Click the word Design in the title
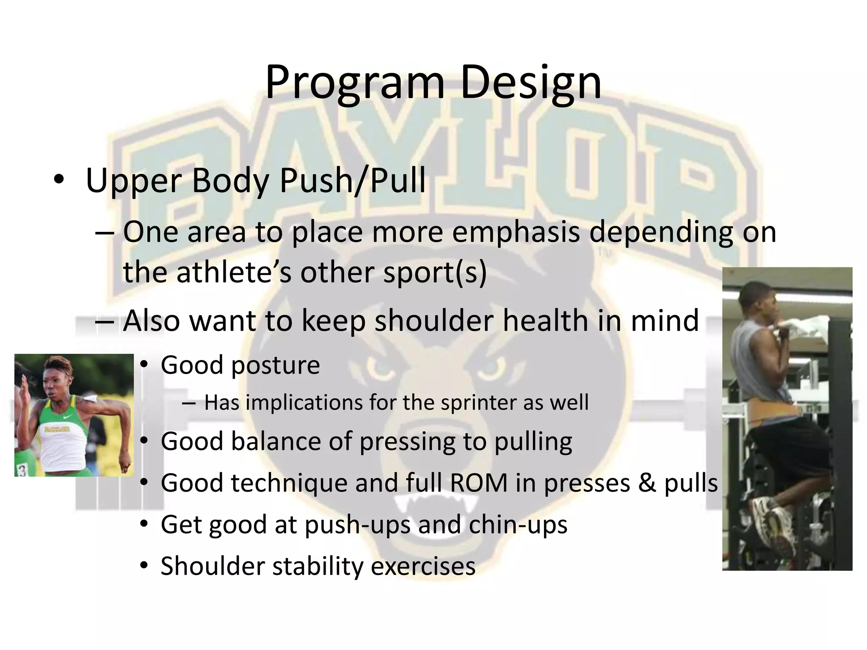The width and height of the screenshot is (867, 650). click(x=530, y=83)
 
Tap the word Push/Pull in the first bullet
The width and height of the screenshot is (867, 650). click(x=352, y=181)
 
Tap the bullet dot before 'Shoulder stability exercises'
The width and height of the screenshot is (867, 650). click(x=144, y=566)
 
